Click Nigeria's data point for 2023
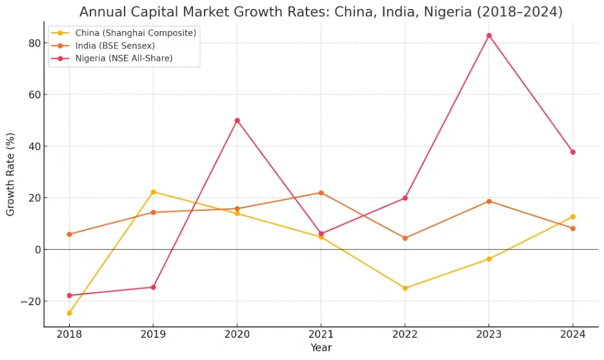click(x=488, y=35)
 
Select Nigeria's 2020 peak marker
click(x=237, y=121)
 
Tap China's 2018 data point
click(x=69, y=314)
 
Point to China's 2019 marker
click(x=153, y=192)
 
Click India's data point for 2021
click(x=321, y=193)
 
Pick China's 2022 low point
click(x=405, y=288)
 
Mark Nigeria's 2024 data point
click(x=572, y=152)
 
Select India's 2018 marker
click(x=69, y=234)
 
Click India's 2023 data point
click(x=488, y=201)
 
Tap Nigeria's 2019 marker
click(x=153, y=287)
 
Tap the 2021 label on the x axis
click(x=321, y=334)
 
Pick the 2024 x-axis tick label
click(x=572, y=334)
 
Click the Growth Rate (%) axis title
click(x=11, y=174)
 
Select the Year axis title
click(x=321, y=348)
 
